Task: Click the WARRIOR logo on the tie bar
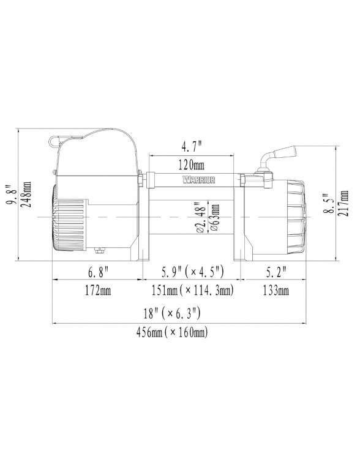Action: pos(198,180)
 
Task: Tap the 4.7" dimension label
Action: pos(191,146)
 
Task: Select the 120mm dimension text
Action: pos(192,164)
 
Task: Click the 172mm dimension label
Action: pos(98,291)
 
